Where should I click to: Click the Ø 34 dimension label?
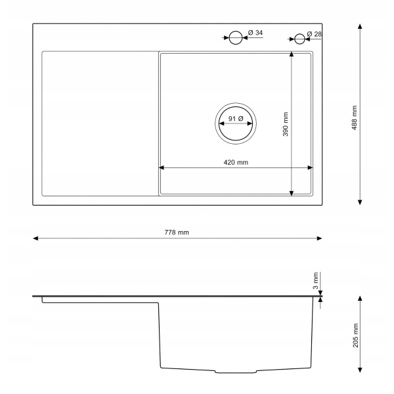click(x=255, y=33)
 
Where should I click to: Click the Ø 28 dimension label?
click(x=315, y=34)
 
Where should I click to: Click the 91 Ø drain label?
click(x=236, y=118)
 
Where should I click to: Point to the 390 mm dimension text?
click(x=286, y=124)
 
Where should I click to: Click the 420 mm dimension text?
click(x=236, y=162)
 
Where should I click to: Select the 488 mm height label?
click(x=355, y=118)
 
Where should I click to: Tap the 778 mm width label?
click(x=177, y=232)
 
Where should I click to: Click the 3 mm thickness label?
click(x=316, y=280)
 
